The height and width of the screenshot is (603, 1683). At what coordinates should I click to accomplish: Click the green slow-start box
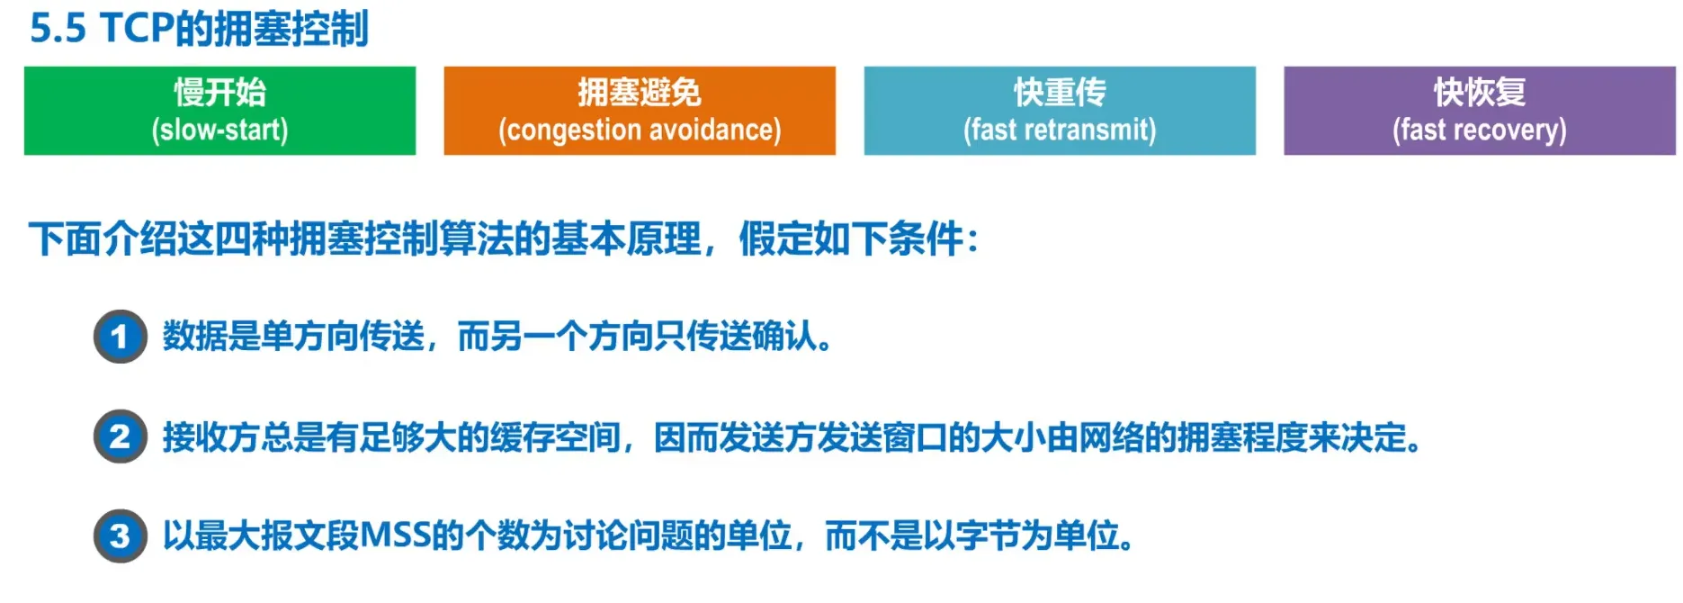pyautogui.click(x=219, y=111)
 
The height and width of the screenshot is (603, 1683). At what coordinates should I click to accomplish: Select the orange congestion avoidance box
pyautogui.click(x=640, y=111)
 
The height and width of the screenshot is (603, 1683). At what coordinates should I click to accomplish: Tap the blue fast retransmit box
pyautogui.click(x=1060, y=111)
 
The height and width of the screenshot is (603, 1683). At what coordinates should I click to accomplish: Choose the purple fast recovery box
pyautogui.click(x=1480, y=111)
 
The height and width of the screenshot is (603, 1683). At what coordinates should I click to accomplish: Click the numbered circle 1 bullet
pyautogui.click(x=120, y=337)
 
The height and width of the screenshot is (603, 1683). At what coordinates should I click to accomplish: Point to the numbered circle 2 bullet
pyautogui.click(x=120, y=436)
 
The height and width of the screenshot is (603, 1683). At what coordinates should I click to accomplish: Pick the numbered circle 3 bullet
pyautogui.click(x=120, y=536)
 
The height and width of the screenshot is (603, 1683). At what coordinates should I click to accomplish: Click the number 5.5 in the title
pyautogui.click(x=58, y=29)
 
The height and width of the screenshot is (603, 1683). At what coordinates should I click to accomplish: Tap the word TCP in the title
pyautogui.click(x=137, y=29)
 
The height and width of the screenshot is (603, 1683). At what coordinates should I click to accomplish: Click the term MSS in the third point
pyautogui.click(x=396, y=535)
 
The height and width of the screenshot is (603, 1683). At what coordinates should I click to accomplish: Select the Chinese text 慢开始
pyautogui.click(x=219, y=92)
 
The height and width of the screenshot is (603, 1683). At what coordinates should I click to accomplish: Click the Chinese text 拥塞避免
pyautogui.click(x=640, y=92)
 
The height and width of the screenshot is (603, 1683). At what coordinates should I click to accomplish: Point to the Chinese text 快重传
pyautogui.click(x=1060, y=92)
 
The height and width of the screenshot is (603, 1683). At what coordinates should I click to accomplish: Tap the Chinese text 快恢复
pyautogui.click(x=1480, y=92)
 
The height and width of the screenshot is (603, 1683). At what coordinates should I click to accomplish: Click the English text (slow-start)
pyautogui.click(x=219, y=130)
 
